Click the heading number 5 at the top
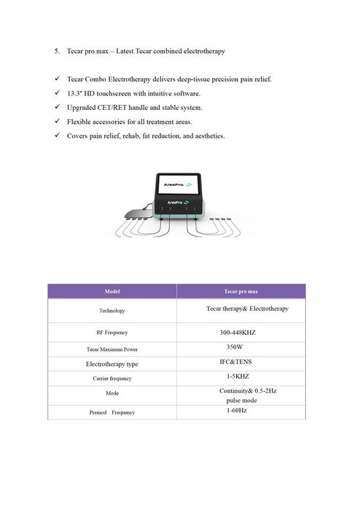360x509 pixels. [56, 52]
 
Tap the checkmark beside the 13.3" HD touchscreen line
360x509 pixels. [57, 93]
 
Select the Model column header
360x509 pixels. [111, 291]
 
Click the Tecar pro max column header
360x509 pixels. [241, 291]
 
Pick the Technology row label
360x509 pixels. [111, 310]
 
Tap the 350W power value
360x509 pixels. [235, 347]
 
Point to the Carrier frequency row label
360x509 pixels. [111, 379]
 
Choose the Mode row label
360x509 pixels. [111, 393]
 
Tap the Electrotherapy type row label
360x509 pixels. [111, 363]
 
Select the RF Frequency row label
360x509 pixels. [111, 333]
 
